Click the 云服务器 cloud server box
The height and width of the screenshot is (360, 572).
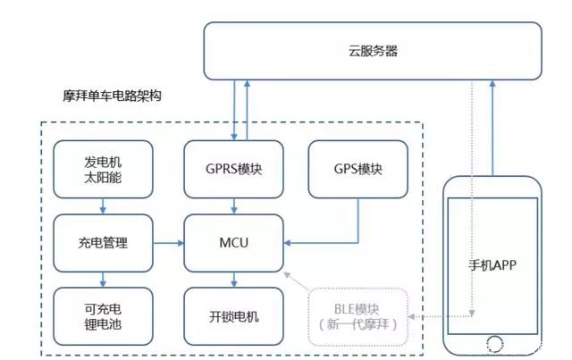[x=372, y=51]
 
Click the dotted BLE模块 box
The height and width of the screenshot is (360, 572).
[x=357, y=315]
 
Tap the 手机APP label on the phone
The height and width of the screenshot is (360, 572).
[x=492, y=264]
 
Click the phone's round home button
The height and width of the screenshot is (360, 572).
[x=492, y=343]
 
